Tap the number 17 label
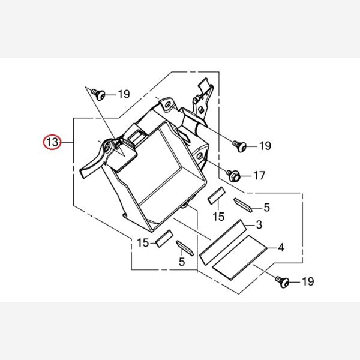coord(259,176)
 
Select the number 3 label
coord(259,225)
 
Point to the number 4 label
coord(280,247)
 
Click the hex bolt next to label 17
coord(234,176)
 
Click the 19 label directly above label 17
coord(265,146)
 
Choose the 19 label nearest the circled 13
coord(124,94)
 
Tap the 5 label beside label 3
coord(266,208)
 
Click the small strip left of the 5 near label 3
coord(244,204)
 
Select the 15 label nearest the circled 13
coord(143,242)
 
